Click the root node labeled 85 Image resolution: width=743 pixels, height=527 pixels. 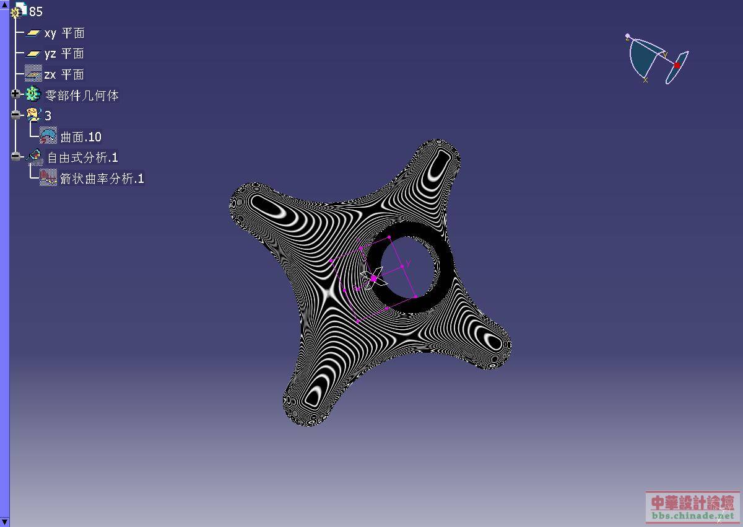coord(35,12)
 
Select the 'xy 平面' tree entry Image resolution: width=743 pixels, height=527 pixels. coord(64,33)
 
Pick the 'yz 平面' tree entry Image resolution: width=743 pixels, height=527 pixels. coord(64,54)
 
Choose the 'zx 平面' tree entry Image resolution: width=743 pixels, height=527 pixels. coord(64,74)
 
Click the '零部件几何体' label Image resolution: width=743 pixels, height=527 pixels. coord(82,95)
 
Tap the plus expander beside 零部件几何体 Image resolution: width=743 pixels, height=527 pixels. coord(15,94)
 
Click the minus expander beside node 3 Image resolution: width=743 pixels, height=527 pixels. coord(15,115)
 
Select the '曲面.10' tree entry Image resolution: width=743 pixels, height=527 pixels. coord(81,137)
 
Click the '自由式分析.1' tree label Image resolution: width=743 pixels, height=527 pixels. coord(82,157)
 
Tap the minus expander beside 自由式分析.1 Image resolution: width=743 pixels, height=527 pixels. coord(15,156)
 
